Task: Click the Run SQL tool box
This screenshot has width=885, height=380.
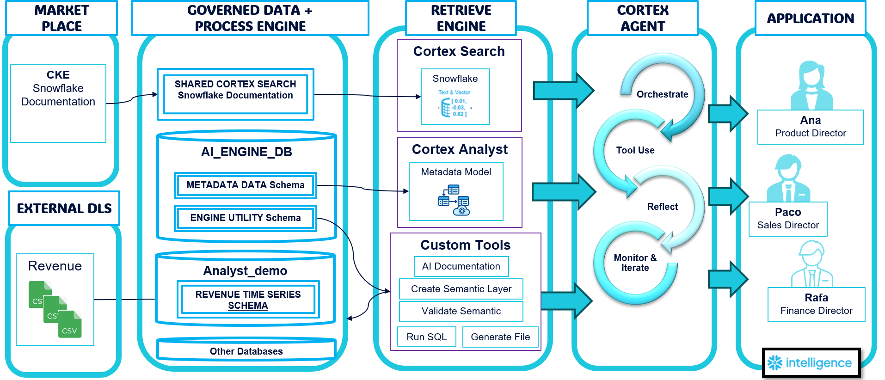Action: tap(426, 337)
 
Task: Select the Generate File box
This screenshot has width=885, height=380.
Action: tap(500, 337)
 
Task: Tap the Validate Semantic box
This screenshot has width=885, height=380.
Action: tap(461, 311)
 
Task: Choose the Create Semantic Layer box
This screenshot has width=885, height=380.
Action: tap(461, 289)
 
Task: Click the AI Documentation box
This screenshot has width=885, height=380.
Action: tap(461, 266)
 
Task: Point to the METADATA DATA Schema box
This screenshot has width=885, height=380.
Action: tap(246, 185)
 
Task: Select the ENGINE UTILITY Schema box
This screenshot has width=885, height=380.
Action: tap(246, 218)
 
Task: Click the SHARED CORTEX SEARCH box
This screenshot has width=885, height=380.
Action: tap(235, 90)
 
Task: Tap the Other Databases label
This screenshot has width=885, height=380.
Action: tap(246, 351)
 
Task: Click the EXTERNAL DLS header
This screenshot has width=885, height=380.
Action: tap(64, 208)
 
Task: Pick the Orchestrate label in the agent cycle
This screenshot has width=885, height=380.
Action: tap(662, 94)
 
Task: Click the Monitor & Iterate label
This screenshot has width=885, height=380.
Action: tap(635, 263)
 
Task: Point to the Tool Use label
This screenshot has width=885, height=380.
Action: tap(635, 150)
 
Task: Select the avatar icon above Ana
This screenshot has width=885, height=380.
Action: tap(811, 86)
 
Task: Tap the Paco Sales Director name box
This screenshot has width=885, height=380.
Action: tap(788, 219)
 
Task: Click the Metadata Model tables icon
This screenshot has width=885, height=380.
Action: tap(454, 200)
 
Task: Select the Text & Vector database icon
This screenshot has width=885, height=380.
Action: tap(446, 108)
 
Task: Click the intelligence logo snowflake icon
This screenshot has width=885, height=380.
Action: tap(775, 363)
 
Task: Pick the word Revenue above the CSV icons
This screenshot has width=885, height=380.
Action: tap(55, 266)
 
